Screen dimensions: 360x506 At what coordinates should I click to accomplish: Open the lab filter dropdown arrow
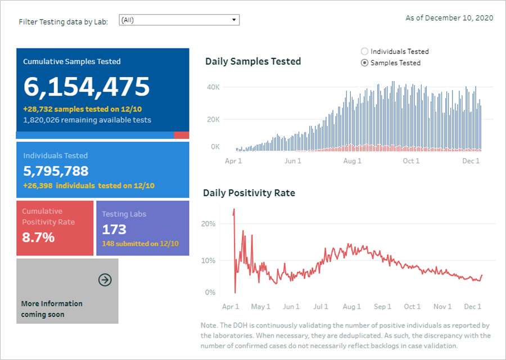[x=234, y=20]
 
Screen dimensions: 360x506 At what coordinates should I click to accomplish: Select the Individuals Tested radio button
[x=364, y=52]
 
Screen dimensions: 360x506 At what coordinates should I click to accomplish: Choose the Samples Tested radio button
[x=364, y=63]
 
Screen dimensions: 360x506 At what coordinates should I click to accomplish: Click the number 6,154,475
[x=87, y=87]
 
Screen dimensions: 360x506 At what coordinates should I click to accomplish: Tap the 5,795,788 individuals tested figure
[x=56, y=171]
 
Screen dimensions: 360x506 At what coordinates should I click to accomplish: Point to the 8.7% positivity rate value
[x=38, y=237]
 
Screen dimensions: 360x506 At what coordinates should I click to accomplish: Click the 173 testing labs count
[x=114, y=229]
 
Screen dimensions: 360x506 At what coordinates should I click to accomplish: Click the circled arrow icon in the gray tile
[x=105, y=280]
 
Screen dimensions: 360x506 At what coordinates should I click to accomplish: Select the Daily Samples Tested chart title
[x=253, y=61]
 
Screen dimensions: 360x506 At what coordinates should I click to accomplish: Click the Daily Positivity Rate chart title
[x=249, y=193]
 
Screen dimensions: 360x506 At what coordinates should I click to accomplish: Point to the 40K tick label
[x=213, y=87]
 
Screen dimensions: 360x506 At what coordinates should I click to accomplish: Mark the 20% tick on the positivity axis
[x=208, y=223]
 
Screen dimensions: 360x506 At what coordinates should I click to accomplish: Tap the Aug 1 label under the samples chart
[x=352, y=161]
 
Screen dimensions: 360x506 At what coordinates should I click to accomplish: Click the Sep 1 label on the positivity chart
[x=382, y=307]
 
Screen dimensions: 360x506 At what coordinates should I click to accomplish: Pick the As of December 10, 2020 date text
[x=449, y=18]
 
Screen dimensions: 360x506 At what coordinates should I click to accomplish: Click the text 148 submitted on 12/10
[x=140, y=244]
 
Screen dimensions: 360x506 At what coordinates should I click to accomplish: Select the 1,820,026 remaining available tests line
[x=87, y=120]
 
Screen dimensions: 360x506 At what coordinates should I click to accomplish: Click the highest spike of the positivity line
[x=233, y=210]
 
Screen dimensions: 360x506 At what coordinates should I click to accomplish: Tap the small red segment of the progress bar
[x=181, y=135]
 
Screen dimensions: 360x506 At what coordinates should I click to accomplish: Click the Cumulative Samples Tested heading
[x=72, y=62]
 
